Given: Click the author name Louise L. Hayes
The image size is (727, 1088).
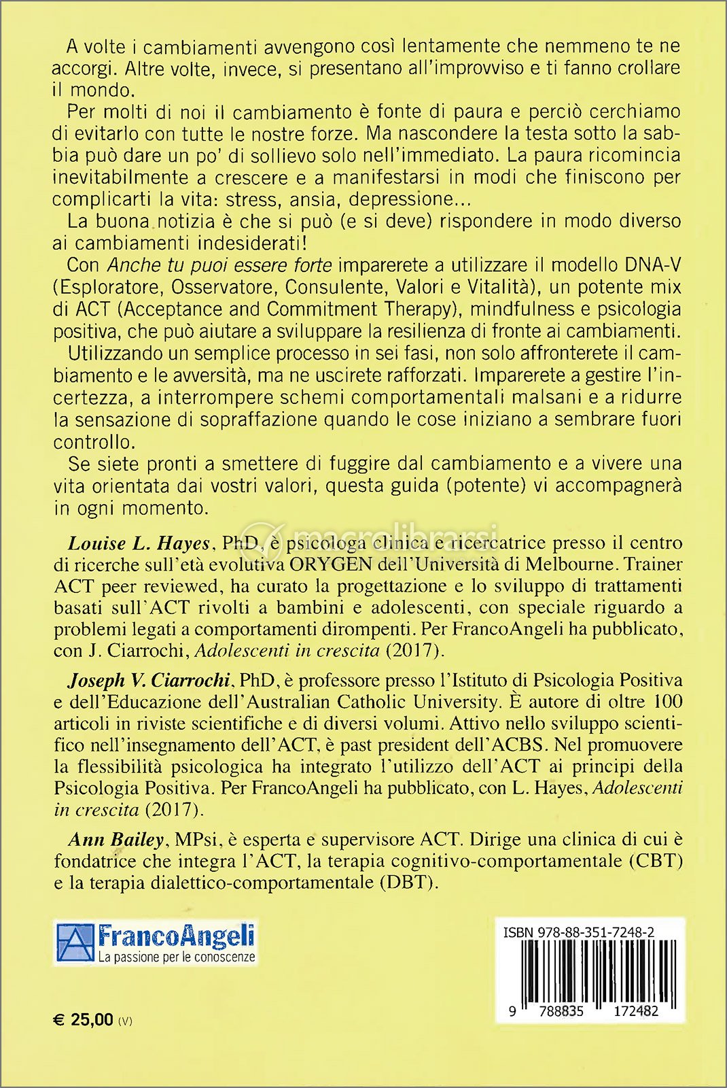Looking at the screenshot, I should point(138,543).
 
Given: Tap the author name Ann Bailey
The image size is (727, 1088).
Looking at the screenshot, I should point(116,840).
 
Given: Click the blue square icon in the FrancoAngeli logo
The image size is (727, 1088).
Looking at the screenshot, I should point(75,943).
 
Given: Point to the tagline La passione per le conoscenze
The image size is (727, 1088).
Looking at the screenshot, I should point(176,957).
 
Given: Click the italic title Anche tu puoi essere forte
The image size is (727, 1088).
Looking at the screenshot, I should point(220,265).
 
